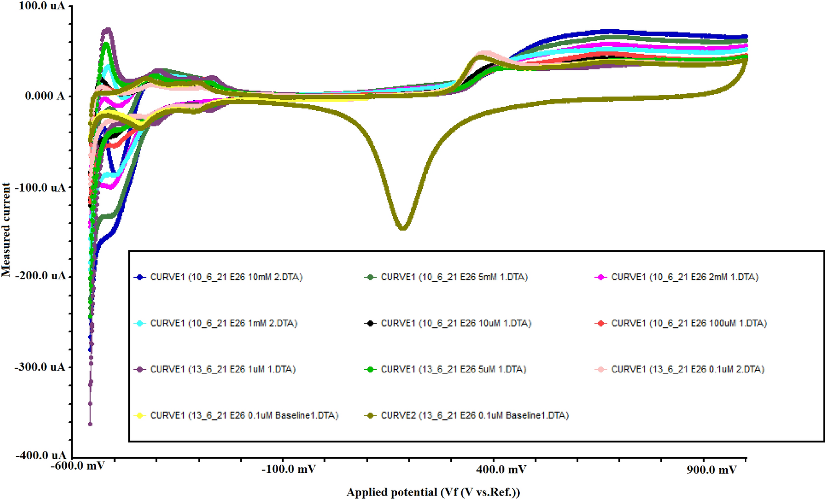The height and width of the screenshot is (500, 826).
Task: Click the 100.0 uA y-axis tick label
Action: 42,6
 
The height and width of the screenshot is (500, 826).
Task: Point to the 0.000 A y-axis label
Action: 45,96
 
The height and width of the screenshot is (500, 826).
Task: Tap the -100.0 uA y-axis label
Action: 40,188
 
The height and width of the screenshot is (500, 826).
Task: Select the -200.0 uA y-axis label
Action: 40,275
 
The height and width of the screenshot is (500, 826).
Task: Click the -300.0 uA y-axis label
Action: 40,367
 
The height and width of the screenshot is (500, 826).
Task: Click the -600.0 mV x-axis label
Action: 78,466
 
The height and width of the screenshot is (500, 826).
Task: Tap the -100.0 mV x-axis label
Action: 288,470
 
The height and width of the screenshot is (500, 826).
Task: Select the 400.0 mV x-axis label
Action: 501,470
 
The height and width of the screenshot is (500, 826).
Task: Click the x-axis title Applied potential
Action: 433,492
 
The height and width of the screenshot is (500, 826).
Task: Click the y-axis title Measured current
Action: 6,230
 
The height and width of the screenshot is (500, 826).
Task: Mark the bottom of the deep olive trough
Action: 403,228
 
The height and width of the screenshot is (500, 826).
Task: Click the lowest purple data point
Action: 90,424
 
